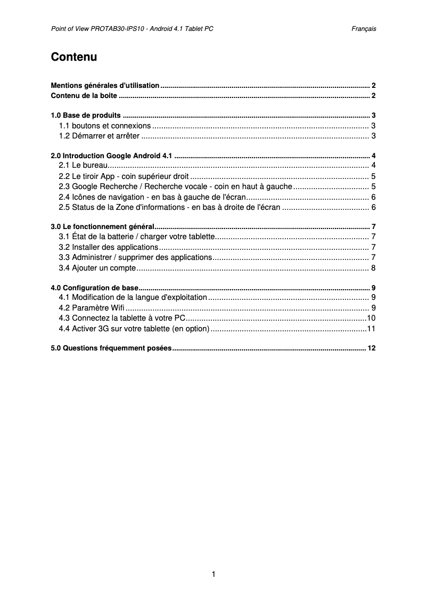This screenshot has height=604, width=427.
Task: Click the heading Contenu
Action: tap(73, 57)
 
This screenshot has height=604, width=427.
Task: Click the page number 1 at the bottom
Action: tap(213, 574)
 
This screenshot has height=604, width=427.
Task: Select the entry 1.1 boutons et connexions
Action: tap(105, 126)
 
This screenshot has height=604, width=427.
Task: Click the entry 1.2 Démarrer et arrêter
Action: tap(99, 136)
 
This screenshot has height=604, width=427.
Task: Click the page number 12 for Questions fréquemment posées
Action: tap(372, 348)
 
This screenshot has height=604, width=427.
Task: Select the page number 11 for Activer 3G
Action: tap(372, 328)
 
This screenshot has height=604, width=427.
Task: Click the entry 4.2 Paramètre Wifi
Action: tap(92, 308)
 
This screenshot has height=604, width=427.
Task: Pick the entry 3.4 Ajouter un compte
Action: tap(97, 267)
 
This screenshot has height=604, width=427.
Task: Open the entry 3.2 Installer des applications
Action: tap(108, 247)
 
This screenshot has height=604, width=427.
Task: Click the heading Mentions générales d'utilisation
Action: tap(105, 85)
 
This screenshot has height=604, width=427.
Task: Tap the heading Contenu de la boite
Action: tap(84, 96)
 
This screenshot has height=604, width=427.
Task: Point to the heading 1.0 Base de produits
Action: tap(86, 116)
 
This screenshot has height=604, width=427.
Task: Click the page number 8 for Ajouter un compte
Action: tap(374, 267)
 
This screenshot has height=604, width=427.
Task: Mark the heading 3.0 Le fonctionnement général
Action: tap(102, 226)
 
